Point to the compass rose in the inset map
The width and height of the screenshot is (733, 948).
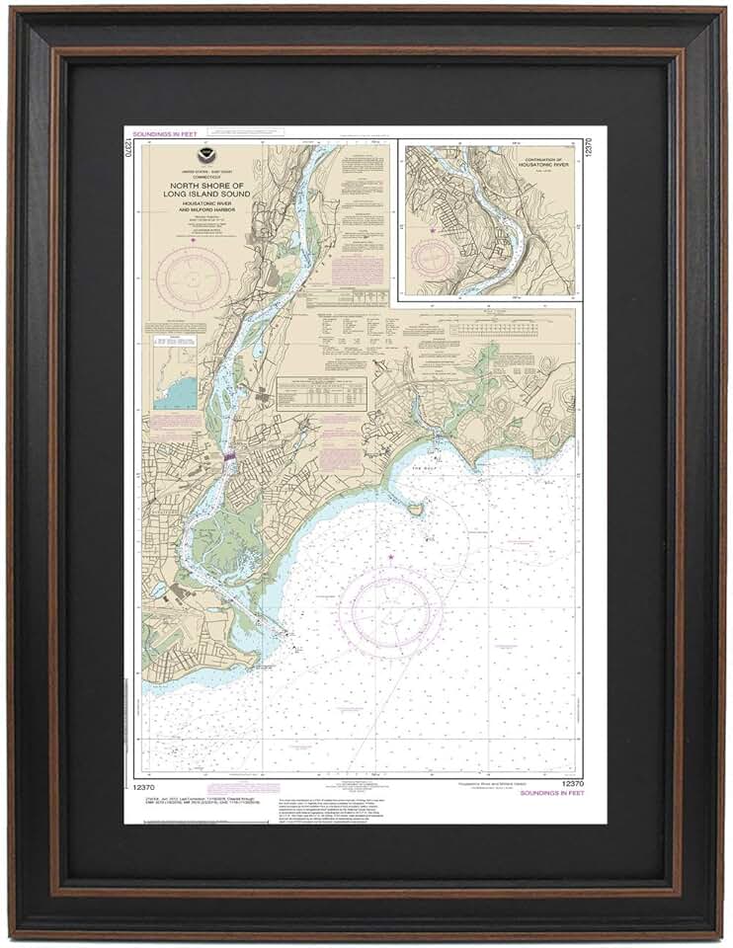pos(433,256)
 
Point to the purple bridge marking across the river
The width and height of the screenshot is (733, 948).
pos(229,457)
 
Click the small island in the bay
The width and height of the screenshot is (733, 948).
pos(416,509)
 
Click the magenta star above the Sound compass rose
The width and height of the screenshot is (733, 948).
pos(391,558)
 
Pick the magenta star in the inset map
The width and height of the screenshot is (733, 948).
pos(432,230)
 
